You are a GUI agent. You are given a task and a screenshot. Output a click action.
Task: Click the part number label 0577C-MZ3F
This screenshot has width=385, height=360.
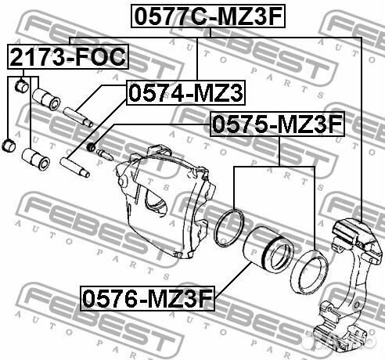point(208,16)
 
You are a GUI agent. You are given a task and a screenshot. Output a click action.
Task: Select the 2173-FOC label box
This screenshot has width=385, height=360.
point(68,56)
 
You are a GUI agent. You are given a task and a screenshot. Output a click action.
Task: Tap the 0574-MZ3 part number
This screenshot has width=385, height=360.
point(185,92)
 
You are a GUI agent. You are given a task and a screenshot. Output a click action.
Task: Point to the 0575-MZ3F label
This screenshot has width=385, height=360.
point(278,124)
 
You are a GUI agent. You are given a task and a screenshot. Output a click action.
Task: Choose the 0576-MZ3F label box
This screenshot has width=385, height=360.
point(147,299)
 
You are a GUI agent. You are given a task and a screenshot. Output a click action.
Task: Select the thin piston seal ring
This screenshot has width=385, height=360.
point(229,228)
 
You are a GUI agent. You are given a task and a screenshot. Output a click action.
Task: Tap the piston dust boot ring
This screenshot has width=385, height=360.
point(309,272)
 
